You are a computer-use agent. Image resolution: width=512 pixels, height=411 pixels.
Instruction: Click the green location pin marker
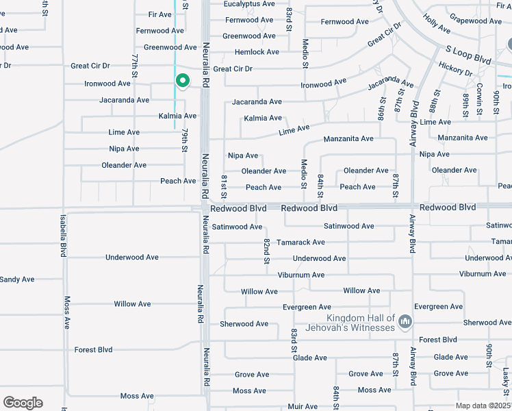point(183,82)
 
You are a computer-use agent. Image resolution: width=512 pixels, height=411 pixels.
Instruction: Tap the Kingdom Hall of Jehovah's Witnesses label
point(361,323)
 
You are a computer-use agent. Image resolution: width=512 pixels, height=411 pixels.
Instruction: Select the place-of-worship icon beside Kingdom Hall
point(405,321)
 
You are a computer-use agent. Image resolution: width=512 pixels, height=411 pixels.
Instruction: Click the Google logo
point(23,403)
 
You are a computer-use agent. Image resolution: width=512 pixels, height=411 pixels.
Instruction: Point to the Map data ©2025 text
point(483,406)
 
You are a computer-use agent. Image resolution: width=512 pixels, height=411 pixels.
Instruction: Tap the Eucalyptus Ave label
point(250,3)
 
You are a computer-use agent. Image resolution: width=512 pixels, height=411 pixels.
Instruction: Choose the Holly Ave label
point(437,25)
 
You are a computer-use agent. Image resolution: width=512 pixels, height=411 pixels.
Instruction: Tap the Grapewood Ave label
point(477,21)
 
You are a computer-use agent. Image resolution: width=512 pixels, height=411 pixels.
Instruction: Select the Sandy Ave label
point(16,279)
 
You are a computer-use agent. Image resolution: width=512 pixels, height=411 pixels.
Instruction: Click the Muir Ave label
point(303,406)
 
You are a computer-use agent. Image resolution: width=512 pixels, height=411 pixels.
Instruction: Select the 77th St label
point(135,66)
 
